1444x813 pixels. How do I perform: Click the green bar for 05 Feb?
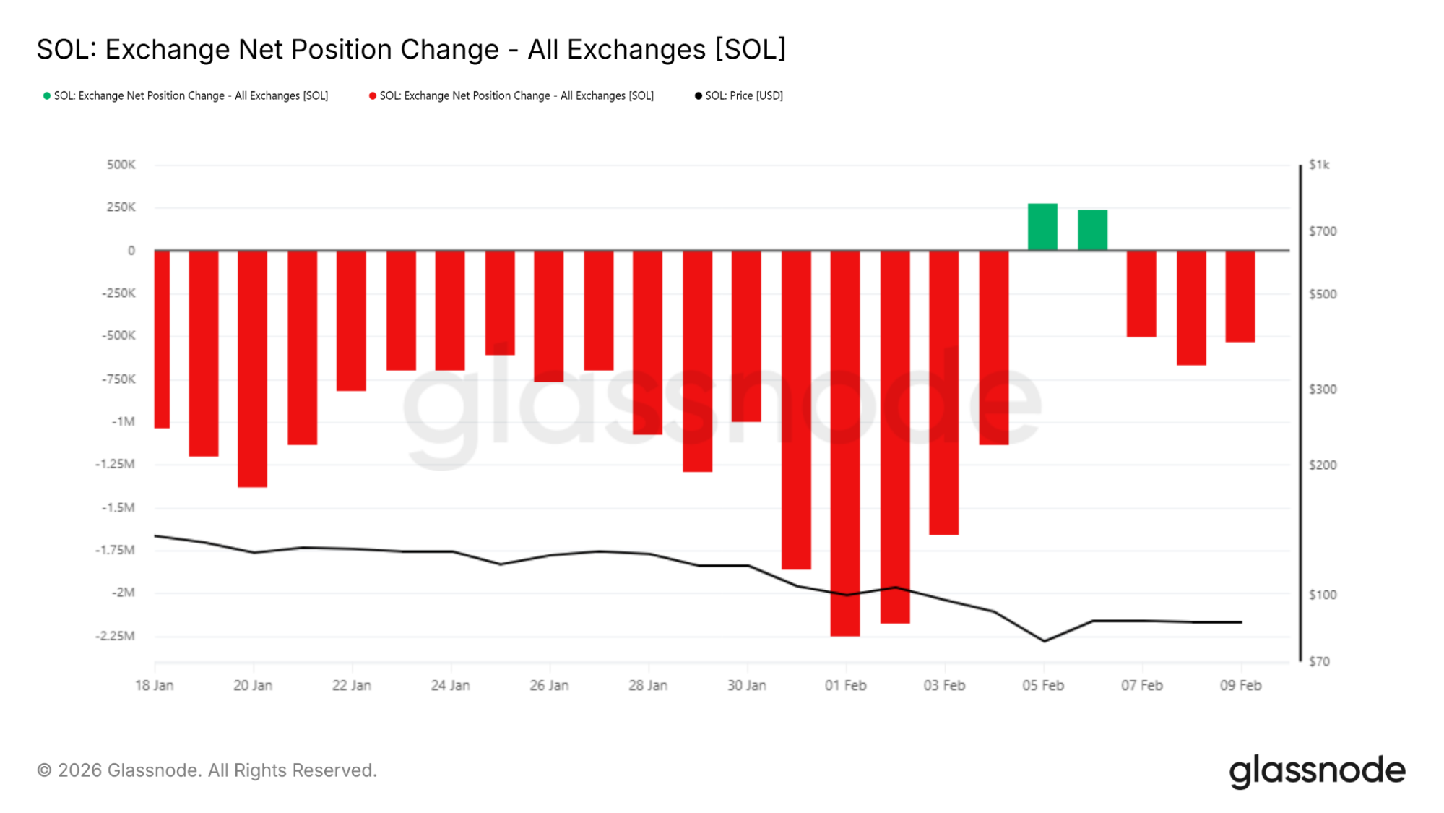[x=1042, y=227]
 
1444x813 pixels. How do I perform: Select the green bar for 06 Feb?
[x=1092, y=230]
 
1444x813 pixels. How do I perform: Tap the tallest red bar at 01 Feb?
[x=845, y=442]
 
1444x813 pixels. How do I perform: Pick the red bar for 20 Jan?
[x=252, y=369]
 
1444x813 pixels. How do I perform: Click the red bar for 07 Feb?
[x=1141, y=293]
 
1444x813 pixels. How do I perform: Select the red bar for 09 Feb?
[x=1240, y=296]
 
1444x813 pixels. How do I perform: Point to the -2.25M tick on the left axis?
[x=116, y=636]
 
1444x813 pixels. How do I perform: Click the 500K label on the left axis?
[x=121, y=165]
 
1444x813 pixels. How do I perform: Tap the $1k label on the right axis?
[x=1319, y=165]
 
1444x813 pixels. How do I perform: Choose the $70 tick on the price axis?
[x=1319, y=661]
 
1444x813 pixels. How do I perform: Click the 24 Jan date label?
[x=450, y=685]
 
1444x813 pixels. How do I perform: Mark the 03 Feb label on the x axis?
[x=944, y=685]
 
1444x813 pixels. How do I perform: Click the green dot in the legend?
[x=47, y=95]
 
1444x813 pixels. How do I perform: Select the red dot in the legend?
[x=373, y=95]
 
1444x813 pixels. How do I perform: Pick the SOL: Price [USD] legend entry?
[x=743, y=95]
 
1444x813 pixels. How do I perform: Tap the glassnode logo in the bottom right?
[x=1317, y=771]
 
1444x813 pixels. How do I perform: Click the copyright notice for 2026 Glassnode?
[x=207, y=770]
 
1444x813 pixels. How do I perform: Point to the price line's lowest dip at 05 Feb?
[x=1044, y=641]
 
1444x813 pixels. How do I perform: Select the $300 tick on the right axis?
[x=1323, y=390]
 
